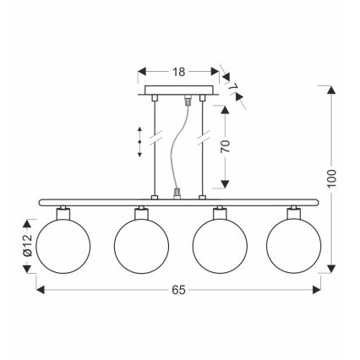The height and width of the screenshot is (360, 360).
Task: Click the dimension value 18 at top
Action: click(178, 73)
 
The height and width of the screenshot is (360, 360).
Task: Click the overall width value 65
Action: click(178, 290)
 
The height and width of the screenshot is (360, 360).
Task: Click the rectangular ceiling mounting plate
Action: click(179, 90)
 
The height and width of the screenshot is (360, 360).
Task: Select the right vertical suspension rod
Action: click(204, 148)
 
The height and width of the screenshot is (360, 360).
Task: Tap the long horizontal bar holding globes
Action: click(179, 202)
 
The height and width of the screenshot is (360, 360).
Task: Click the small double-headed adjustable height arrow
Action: click(140, 141)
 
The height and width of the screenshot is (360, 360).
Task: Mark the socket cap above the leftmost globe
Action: click(63, 211)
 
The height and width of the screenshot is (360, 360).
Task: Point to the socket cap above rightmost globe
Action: click(293, 211)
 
